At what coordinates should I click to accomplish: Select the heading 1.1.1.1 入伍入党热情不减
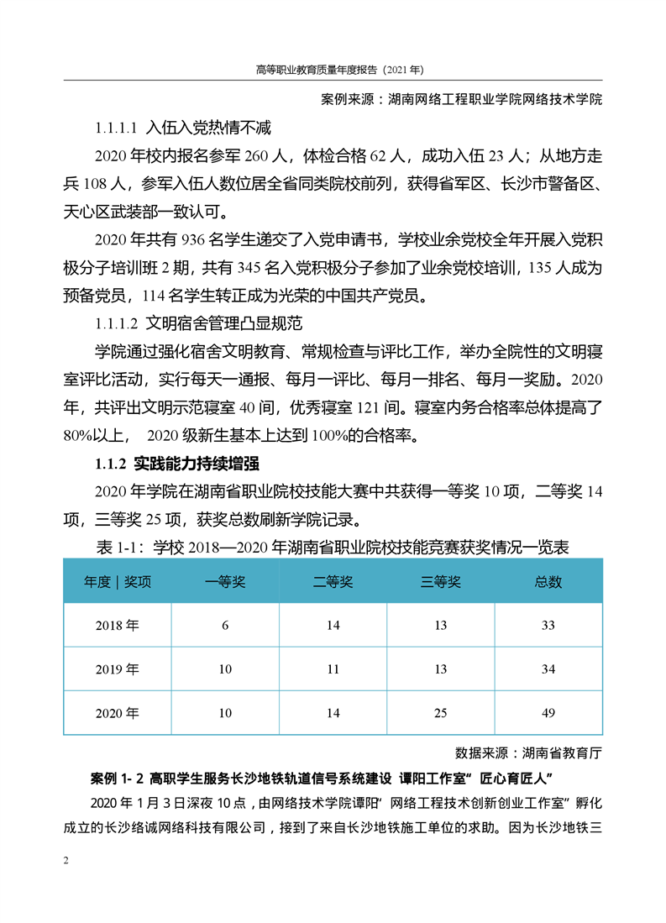pyautogui.click(x=181, y=128)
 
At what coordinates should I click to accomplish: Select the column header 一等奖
pyautogui.click(x=225, y=582)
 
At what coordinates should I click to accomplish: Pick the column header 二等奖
pyautogui.click(x=333, y=582)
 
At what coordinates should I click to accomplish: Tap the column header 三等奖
pyautogui.click(x=440, y=582)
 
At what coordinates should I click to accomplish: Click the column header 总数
pyautogui.click(x=548, y=582)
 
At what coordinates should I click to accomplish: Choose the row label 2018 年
pyautogui.click(x=118, y=626)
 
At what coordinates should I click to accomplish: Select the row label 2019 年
pyautogui.click(x=118, y=669)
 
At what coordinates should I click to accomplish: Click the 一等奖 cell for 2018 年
pyautogui.click(x=225, y=626)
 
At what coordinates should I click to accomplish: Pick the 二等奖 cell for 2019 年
pyautogui.click(x=333, y=669)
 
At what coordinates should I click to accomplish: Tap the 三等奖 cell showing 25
pyautogui.click(x=440, y=713)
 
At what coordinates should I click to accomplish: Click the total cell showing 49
pyautogui.click(x=548, y=713)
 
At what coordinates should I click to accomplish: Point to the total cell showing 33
pyautogui.click(x=548, y=626)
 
